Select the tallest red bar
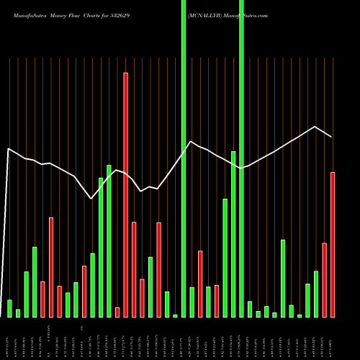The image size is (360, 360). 125,194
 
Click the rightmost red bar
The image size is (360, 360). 333,245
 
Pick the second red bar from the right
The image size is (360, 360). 325,280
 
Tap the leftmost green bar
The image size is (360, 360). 9,308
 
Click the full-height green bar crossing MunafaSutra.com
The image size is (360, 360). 241,158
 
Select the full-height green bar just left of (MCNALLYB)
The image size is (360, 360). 184,158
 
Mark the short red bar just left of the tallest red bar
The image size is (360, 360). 117,312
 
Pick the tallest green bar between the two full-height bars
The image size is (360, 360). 233,234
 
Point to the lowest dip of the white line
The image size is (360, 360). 91,199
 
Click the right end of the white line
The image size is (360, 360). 331,137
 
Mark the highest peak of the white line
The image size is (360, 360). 315,127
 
